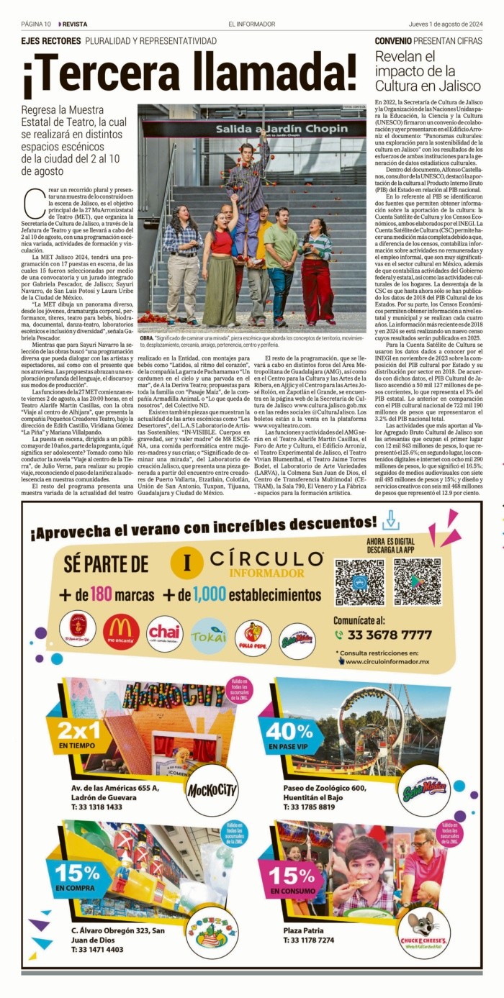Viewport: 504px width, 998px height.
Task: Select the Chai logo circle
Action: tap(165, 633)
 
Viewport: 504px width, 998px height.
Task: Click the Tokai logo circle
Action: tap(209, 635)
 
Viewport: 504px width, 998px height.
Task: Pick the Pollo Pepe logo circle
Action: tap(253, 638)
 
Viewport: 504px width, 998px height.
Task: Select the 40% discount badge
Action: tap(292, 735)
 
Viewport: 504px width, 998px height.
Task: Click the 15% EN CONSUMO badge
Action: tap(292, 878)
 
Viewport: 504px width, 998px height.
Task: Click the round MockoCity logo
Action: tap(212, 791)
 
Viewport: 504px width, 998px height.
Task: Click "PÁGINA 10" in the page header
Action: tap(36, 24)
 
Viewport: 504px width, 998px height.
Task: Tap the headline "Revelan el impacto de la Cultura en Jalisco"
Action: tap(428, 71)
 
